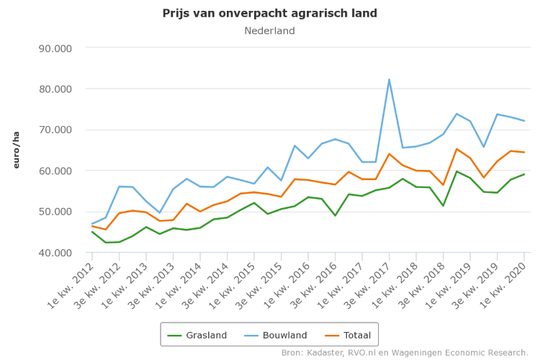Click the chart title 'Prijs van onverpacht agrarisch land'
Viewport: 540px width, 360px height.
(269, 14)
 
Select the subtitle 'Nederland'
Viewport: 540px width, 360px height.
(269, 31)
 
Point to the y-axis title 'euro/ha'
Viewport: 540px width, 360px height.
(16, 150)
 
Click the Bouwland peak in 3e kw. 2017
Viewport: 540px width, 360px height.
(390, 79)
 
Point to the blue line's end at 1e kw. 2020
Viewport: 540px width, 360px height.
(524, 121)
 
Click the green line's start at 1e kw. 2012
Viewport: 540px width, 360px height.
(92, 231)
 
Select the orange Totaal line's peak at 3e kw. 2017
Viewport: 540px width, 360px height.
(390, 153)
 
